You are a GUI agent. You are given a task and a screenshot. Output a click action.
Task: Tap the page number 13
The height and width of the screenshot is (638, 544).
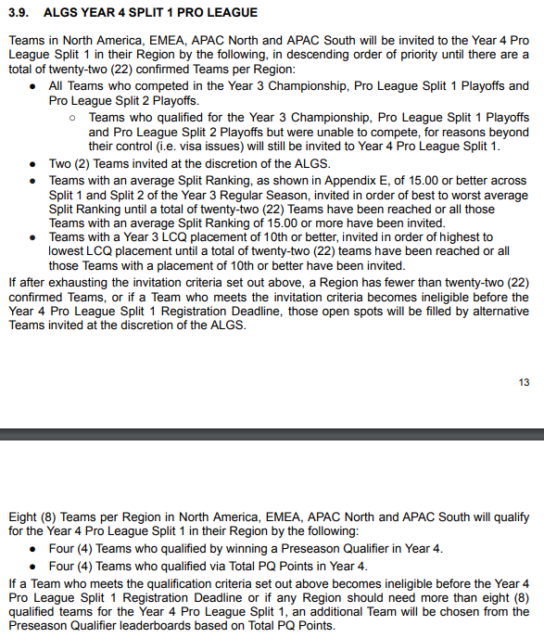(x=524, y=382)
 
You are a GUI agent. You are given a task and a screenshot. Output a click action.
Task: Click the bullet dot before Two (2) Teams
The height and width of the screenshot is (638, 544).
(x=33, y=164)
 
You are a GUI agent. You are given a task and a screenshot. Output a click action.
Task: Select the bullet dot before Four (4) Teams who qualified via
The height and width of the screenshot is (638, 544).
(x=33, y=565)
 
